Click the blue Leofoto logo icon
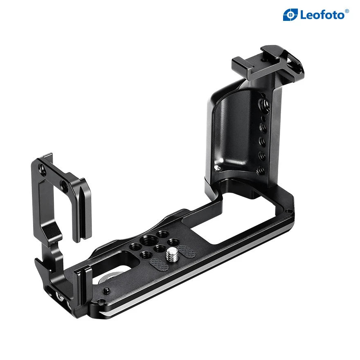coord(290,15)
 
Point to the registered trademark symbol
coord(347,11)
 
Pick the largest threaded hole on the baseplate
coord(145,241)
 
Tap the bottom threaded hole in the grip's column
coord(259,171)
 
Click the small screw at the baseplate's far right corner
coord(290,211)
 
